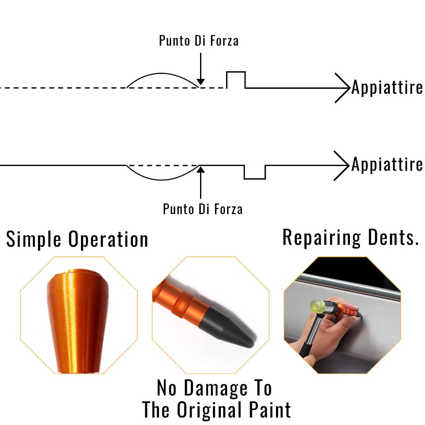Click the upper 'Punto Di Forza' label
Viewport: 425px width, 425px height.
pos(199,41)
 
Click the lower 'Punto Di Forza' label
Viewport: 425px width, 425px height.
pos(203,209)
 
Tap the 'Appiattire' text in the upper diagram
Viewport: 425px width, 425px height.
pos(387,88)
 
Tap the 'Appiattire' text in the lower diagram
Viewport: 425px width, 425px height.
pos(387,164)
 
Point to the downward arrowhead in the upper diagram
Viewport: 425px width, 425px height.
pos(200,82)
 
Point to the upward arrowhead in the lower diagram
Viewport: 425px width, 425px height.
pos(200,170)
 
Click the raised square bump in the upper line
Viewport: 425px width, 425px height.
pos(236,72)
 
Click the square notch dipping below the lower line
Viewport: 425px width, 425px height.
pos(255,178)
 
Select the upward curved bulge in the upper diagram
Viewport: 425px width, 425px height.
pos(162,73)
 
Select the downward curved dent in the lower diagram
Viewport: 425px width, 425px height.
pos(162,179)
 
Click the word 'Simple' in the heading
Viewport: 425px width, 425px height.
pos(34,239)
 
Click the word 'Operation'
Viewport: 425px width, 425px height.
pos(108,239)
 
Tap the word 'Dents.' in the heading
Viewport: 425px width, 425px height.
pos(393,237)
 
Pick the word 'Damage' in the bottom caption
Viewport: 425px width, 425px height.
pos(215,388)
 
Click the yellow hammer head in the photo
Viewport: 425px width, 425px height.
pos(318,307)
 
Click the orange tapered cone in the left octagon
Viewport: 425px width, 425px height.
pos(78,321)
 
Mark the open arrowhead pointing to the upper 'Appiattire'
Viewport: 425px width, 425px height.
pos(342,88)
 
